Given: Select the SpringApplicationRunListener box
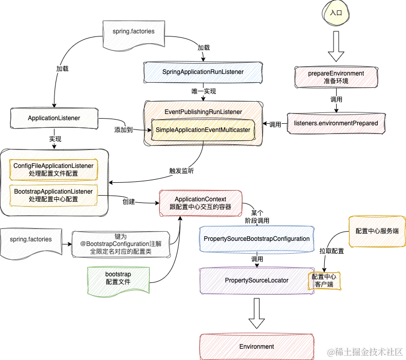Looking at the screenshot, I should [202, 72].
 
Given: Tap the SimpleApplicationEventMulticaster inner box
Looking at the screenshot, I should [203, 130].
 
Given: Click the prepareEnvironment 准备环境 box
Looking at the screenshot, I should [336, 77].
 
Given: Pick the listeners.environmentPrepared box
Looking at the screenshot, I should [336, 123].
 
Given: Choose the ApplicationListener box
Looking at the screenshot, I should [54, 118].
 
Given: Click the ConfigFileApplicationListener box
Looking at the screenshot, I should [53, 169].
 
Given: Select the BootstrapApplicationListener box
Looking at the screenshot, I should [53, 195].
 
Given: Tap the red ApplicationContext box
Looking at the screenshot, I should [200, 202].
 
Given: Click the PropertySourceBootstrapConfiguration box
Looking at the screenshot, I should [256, 239].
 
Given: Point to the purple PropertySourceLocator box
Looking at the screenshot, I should [256, 280].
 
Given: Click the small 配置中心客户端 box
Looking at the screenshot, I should [326, 280].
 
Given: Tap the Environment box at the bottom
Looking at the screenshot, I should [256, 347].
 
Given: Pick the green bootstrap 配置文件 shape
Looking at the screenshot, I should [118, 278].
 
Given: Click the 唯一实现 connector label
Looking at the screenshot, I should [204, 91].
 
